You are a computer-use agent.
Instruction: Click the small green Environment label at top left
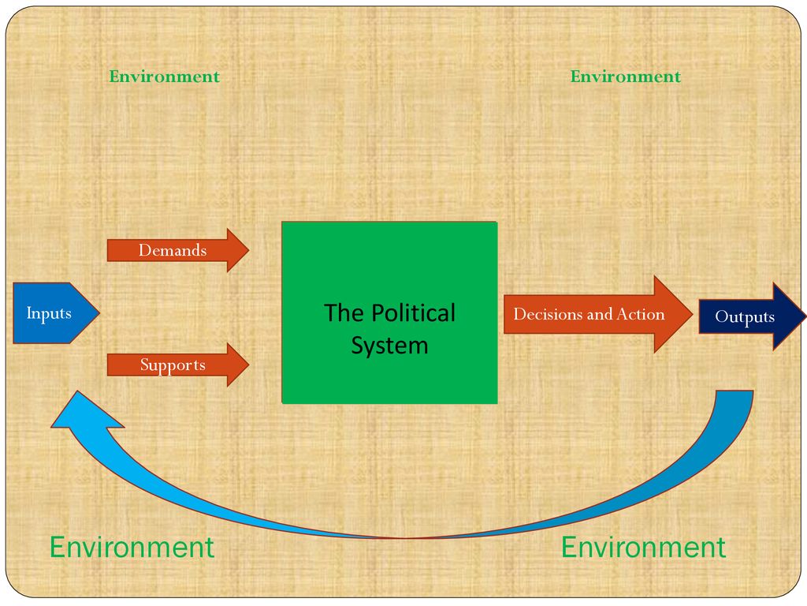coord(164,77)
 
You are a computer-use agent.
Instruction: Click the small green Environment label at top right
coord(625,77)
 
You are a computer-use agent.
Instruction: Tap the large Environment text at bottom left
coord(132,547)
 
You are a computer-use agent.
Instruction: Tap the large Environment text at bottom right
coord(643,547)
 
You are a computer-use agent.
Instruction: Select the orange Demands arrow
coord(177,251)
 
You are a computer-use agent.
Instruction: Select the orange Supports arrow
coord(177,365)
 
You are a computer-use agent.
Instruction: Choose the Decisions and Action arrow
coord(591,314)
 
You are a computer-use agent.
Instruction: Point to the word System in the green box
coord(389,346)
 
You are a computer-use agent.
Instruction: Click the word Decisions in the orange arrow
coord(549,314)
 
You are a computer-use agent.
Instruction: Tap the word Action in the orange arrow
coord(640,314)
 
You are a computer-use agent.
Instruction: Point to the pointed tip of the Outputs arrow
coord(803,316)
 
